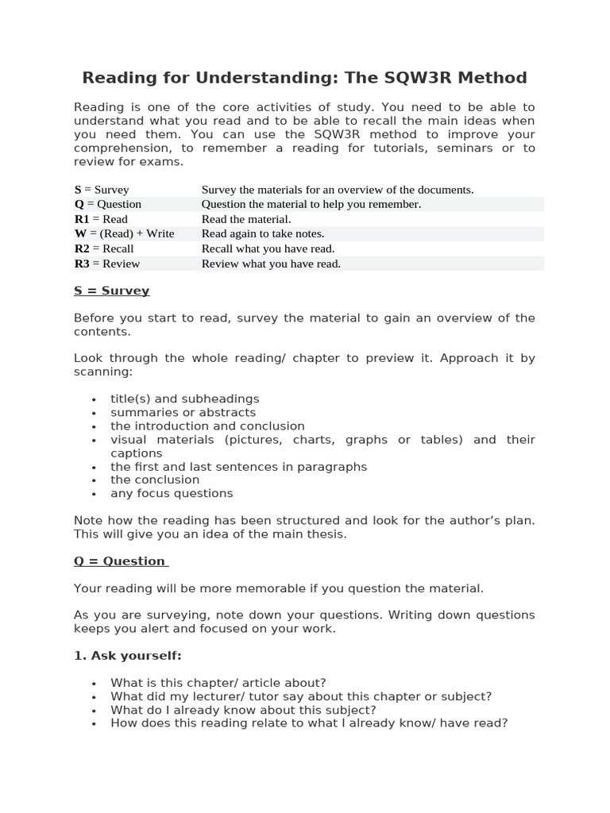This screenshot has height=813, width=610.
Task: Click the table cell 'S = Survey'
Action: point(102,190)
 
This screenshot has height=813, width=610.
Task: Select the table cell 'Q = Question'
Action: point(108,204)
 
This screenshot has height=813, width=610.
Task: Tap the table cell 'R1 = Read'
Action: point(101,219)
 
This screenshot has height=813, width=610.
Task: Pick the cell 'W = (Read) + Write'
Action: point(124,233)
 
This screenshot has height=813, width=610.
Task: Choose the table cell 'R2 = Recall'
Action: point(104,249)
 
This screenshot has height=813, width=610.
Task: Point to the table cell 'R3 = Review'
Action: point(107,264)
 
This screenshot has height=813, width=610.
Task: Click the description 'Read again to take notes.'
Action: point(263,233)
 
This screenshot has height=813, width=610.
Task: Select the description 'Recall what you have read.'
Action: point(268,249)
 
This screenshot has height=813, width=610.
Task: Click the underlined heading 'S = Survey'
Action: point(111,291)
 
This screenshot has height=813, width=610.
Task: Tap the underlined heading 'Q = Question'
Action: point(119,561)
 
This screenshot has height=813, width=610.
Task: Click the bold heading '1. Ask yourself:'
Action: point(128,655)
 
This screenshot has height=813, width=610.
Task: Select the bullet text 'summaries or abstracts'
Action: point(183,412)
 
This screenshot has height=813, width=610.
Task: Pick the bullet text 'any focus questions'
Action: point(172,493)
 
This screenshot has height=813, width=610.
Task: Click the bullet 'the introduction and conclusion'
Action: point(207,426)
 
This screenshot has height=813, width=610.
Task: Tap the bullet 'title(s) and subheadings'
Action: point(184,399)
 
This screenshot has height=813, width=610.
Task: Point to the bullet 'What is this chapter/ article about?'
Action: point(218,683)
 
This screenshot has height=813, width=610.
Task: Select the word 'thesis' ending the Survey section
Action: point(326,534)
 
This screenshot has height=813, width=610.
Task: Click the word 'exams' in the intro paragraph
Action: point(162,161)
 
